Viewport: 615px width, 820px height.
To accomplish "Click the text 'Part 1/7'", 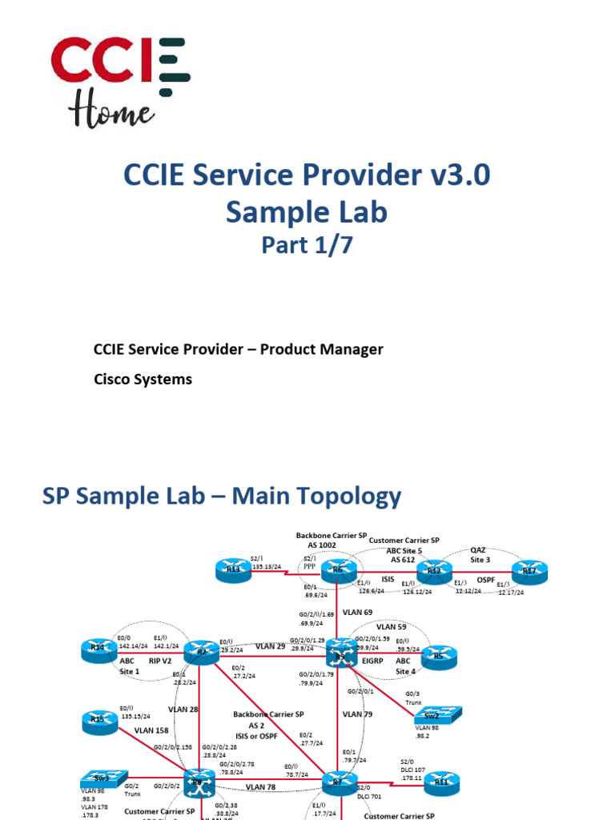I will click(x=307, y=245).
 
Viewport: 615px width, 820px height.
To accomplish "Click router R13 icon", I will click(x=234, y=572).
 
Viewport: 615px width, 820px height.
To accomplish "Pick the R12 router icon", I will click(x=433, y=570).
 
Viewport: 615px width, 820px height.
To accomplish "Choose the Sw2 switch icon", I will click(x=442, y=714).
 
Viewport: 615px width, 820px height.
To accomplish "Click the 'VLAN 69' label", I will click(x=358, y=612).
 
